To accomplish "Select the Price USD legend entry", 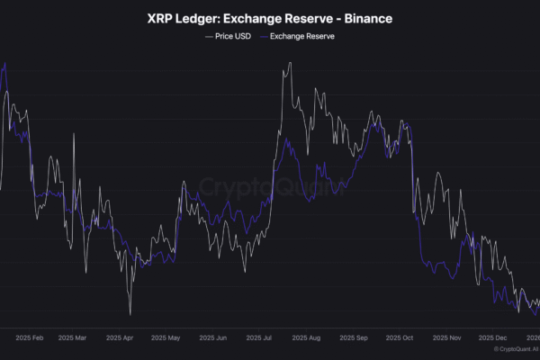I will pos(229,37).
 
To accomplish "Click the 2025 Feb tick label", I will pos(30,338).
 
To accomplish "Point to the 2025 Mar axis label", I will pos(73,338).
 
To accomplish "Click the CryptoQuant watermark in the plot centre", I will pos(270,187).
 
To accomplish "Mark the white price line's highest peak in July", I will pos(289,64).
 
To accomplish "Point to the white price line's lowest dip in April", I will pos(130,313).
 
